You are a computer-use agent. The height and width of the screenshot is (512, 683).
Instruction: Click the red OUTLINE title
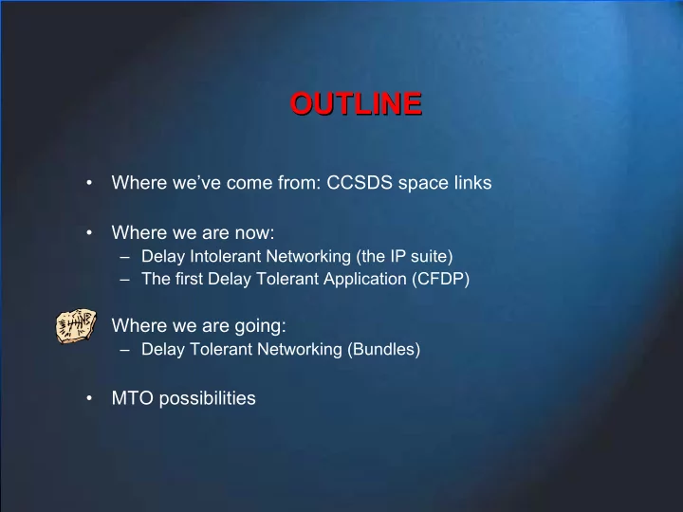pos(356,103)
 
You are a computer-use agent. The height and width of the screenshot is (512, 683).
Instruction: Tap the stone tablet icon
pos(76,326)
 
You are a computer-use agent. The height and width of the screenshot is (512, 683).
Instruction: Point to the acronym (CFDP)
pos(441,279)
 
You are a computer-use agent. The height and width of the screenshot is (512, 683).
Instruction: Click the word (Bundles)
pos(384,350)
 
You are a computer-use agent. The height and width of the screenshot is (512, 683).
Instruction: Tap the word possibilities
pos(208,399)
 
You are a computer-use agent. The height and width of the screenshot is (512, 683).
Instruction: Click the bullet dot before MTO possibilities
pos(89,398)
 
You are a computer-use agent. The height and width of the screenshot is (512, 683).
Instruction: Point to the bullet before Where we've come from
pos(89,182)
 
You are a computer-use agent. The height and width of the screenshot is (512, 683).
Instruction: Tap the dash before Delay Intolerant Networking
pos(125,257)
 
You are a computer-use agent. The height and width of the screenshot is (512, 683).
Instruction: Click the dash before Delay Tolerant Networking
pos(125,350)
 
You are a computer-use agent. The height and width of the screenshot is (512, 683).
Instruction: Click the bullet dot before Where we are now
pos(89,233)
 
